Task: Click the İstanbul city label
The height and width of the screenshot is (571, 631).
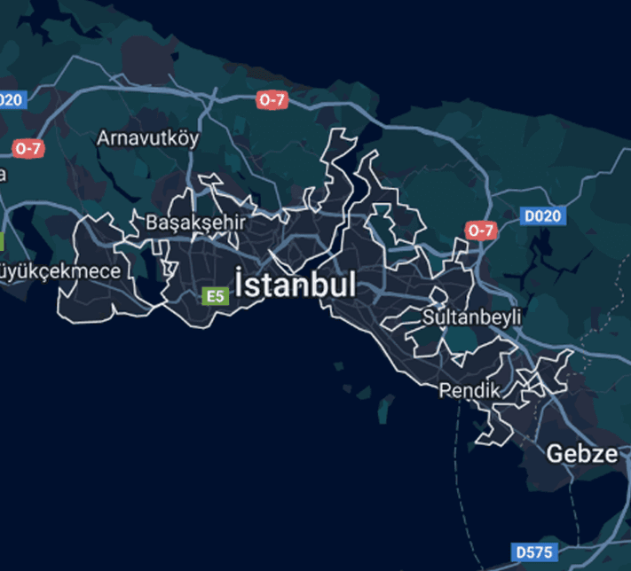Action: [x=296, y=285]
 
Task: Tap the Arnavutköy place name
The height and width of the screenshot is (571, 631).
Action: [x=148, y=138]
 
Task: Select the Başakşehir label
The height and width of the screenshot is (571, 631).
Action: [x=195, y=222]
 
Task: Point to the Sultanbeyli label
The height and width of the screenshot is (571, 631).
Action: [x=472, y=317]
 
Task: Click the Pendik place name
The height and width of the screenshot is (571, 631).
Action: [x=469, y=389]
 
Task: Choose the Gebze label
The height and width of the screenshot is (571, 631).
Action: [x=581, y=454]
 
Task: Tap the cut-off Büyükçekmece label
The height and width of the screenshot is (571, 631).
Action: [x=59, y=270]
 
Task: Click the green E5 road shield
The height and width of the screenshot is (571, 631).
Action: [x=215, y=296]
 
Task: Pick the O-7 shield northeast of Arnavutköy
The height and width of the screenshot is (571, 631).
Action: [x=272, y=100]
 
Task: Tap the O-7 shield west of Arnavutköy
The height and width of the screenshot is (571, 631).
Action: [x=28, y=148]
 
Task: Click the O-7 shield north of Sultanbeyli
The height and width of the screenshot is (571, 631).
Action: [x=480, y=231]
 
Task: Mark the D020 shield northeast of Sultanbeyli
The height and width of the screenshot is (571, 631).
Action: [x=543, y=215]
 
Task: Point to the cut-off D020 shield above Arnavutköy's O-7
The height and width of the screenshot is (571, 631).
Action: [x=12, y=100]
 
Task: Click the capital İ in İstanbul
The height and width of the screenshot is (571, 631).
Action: [x=241, y=283]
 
